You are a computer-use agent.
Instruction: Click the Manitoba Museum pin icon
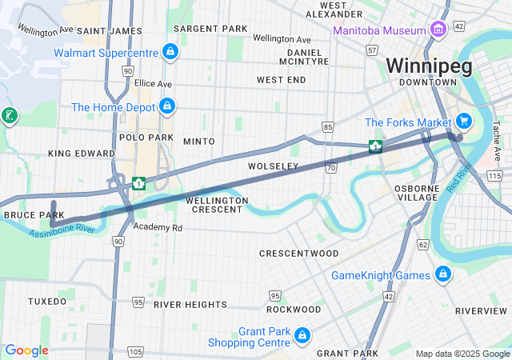tap(437, 30)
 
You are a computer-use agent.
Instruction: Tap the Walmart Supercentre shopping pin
tap(170, 53)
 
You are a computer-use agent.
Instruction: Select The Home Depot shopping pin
tap(166, 106)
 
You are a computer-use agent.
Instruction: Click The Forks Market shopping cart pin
tap(462, 122)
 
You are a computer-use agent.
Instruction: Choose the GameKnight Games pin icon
tap(442, 275)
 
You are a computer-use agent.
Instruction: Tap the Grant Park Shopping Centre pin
tap(302, 335)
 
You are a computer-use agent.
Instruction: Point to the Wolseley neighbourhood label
tap(273, 166)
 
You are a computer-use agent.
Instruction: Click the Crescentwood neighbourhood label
tap(299, 253)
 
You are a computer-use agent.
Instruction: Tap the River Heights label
tap(190, 305)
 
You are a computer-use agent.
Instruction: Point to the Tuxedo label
tap(47, 302)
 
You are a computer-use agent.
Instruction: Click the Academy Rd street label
tap(158, 228)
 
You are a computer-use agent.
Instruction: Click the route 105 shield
tap(135, 351)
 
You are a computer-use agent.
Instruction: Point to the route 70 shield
tap(330, 167)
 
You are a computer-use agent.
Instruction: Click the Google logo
tap(26, 350)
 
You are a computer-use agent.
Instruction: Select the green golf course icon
tap(9, 116)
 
